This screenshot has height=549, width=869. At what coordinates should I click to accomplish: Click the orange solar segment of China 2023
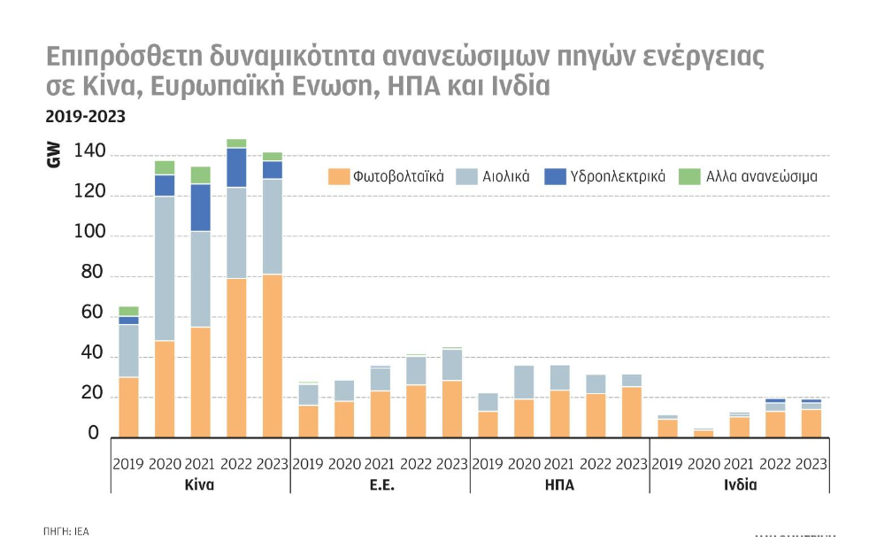(272, 355)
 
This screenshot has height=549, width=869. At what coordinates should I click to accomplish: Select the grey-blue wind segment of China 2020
(165, 268)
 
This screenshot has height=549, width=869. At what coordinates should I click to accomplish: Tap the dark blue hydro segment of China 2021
(200, 207)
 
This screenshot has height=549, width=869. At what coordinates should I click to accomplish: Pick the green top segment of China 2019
(128, 311)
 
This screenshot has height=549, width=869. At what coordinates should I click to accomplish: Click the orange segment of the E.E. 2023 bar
(451, 408)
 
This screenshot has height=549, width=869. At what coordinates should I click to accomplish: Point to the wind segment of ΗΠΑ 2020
(524, 382)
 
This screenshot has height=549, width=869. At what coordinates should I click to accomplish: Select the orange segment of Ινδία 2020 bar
(704, 433)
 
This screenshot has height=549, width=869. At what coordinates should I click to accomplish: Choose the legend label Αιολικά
(505, 176)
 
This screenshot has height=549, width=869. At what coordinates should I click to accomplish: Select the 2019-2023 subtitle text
(85, 116)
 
